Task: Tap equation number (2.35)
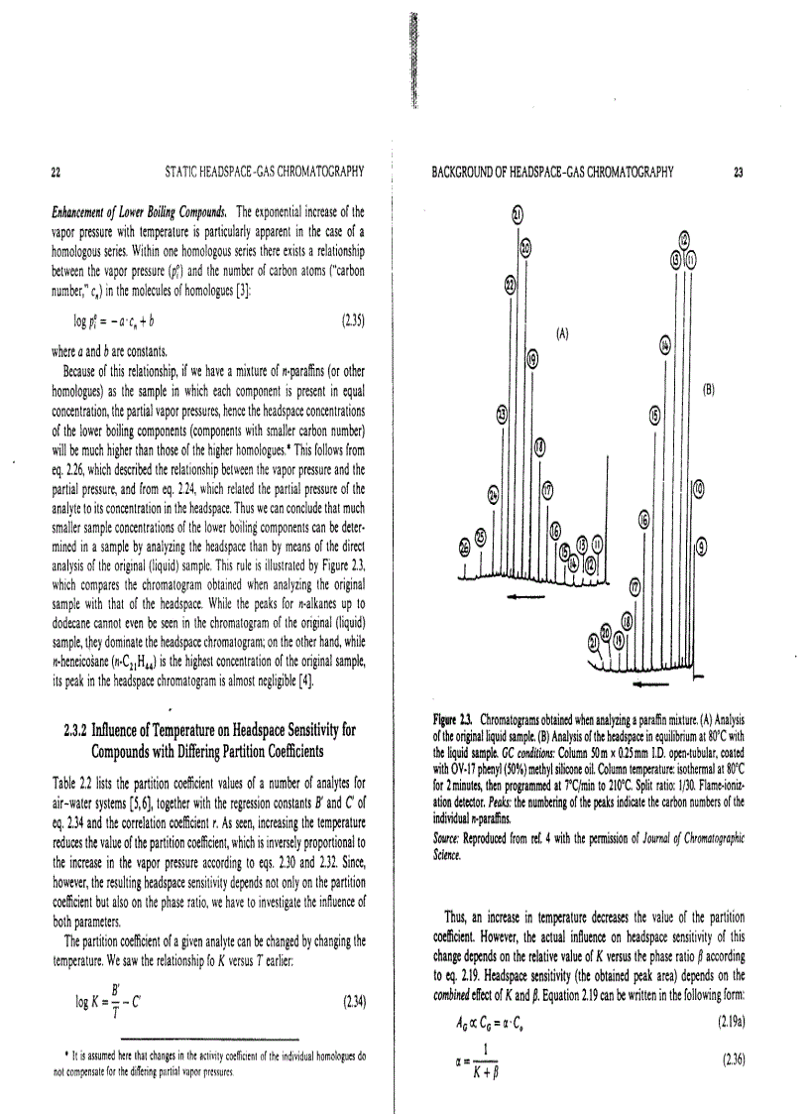353,320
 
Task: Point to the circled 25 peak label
481,537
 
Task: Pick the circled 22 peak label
511,285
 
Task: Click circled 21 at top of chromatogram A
517,213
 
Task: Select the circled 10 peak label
698,487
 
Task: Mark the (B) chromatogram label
709,390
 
